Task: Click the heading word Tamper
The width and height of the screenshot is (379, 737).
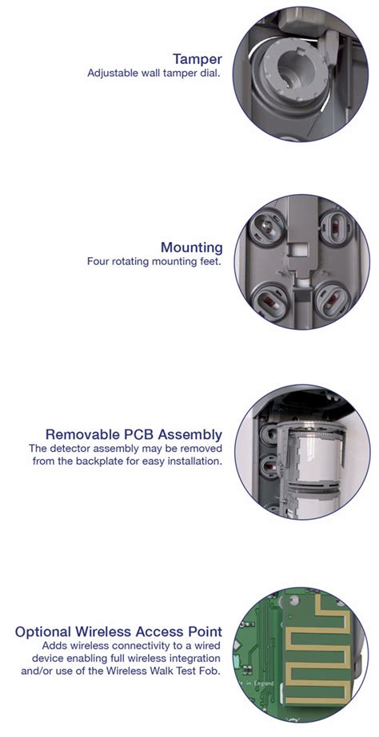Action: point(197,58)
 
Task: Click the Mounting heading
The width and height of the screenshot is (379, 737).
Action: point(191,247)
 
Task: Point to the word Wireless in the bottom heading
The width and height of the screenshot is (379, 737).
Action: point(112,632)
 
